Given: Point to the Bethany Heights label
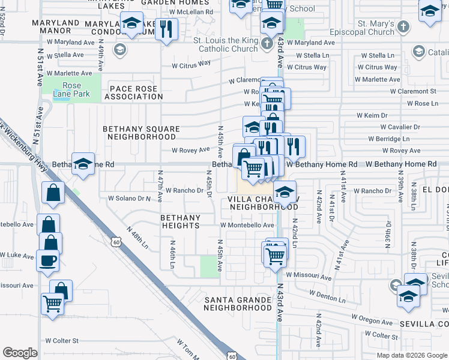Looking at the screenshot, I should pyautogui.click(x=180, y=221).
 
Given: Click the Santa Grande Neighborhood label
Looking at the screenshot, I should pyautogui.click(x=238, y=303).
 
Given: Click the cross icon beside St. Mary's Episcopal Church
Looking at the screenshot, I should pyautogui.click(x=403, y=27).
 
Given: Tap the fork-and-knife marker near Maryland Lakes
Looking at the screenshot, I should pyautogui.click(x=166, y=28).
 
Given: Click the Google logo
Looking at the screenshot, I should pyautogui.click(x=20, y=353).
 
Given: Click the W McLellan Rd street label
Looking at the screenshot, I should pyautogui.click(x=191, y=11).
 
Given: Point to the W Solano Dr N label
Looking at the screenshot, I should pyautogui.click(x=128, y=197).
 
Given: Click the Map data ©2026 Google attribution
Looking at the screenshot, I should pyautogui.click(x=412, y=355).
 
